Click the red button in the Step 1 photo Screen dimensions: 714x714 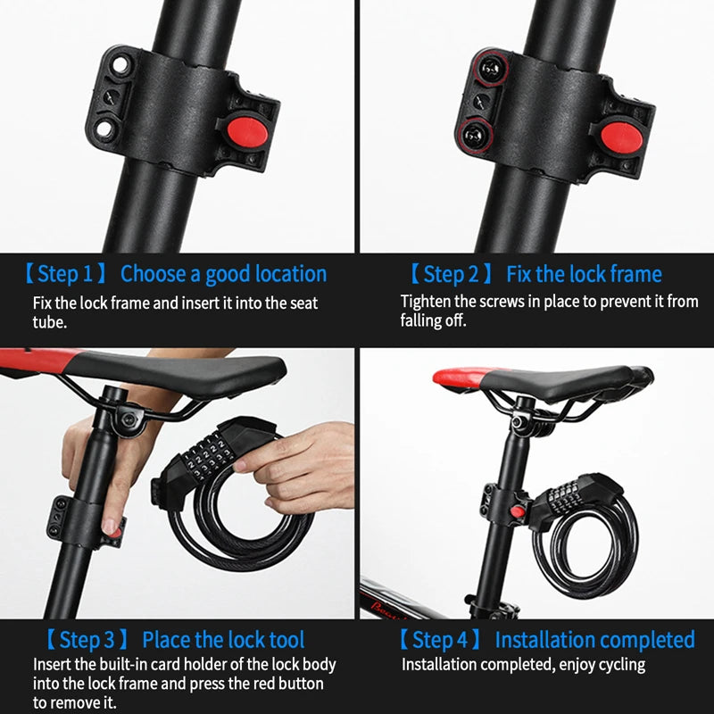click(x=247, y=130)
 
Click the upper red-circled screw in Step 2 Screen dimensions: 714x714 click(x=486, y=67)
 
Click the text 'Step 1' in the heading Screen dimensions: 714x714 click(x=65, y=273)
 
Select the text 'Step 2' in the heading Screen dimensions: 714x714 click(x=451, y=274)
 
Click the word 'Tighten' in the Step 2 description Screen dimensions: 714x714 click(x=428, y=301)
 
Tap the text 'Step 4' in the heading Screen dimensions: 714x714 click(x=439, y=640)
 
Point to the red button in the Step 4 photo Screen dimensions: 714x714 click(x=515, y=511)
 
